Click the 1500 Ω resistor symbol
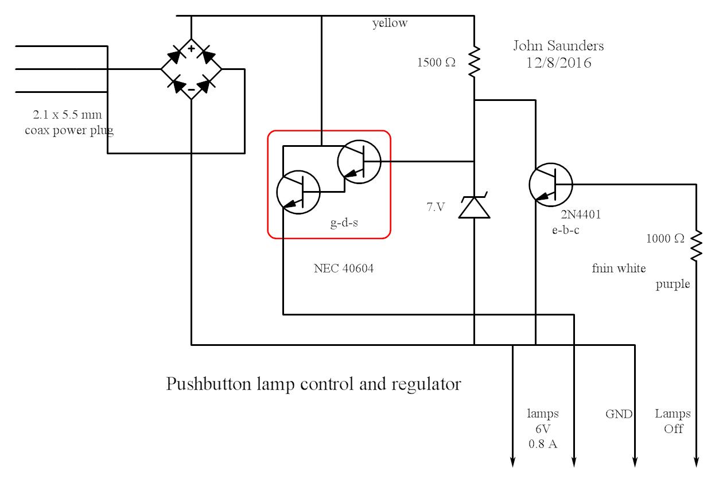[474, 63]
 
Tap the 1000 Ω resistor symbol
[696, 246]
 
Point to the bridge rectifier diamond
[191, 69]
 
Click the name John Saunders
[558, 46]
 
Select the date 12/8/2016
[558, 63]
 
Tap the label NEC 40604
[344, 268]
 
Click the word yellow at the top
[390, 23]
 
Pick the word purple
[673, 284]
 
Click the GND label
[619, 414]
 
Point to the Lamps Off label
[673, 421]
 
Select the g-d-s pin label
[344, 224]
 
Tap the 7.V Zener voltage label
[436, 207]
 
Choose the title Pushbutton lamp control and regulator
[313, 384]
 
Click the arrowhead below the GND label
[635, 461]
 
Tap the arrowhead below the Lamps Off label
[696, 461]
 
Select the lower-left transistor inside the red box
[298, 193]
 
